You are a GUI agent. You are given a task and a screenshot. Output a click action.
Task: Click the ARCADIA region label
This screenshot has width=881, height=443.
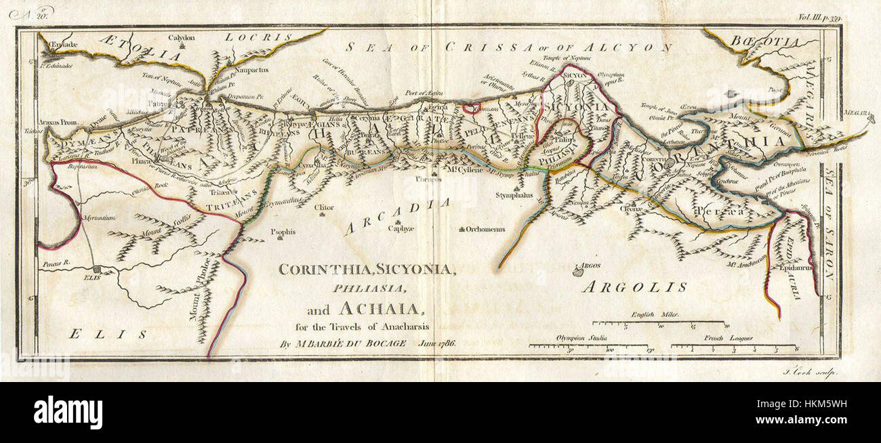click(x=397, y=216)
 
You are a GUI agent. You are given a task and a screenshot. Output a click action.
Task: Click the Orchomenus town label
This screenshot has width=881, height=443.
click(x=485, y=229)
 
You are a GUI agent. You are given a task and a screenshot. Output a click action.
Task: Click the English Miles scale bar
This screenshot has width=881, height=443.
click(x=657, y=324)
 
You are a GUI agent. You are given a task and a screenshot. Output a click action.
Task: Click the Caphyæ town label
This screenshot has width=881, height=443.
click(x=401, y=229)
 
